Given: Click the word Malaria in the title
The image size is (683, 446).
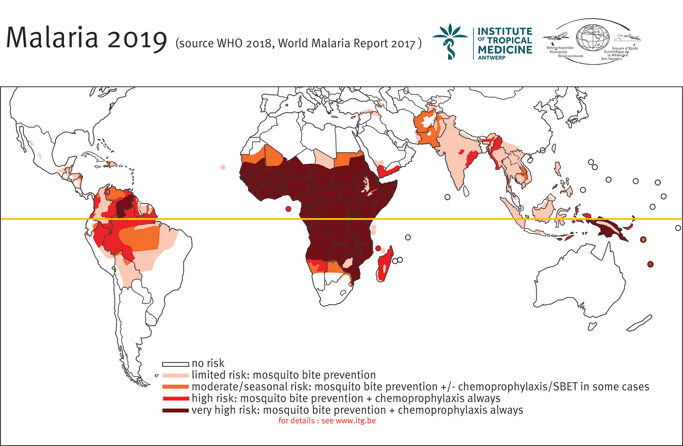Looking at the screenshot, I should click(x=52, y=37).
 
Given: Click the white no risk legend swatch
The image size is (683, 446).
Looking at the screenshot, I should click(x=175, y=364).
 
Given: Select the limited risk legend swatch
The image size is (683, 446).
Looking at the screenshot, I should click(x=175, y=376).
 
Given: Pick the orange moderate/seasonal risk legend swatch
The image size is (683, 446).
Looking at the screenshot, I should click(x=175, y=387).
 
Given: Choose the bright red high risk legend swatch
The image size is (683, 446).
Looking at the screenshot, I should click(x=175, y=399).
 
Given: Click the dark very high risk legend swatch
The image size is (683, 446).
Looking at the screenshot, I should click(x=175, y=410).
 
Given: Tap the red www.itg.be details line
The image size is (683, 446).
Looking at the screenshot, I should click(x=327, y=421).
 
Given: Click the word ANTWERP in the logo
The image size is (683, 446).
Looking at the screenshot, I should click(x=491, y=58).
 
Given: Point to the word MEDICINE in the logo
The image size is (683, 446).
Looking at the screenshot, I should click(x=505, y=50).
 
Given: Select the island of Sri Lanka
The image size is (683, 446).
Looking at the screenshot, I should click(x=466, y=191).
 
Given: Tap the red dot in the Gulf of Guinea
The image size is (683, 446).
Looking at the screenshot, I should click(x=288, y=209).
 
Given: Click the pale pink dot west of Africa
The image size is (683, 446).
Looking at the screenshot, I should click(x=223, y=167).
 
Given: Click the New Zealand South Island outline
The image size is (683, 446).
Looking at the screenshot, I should click(x=639, y=323).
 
